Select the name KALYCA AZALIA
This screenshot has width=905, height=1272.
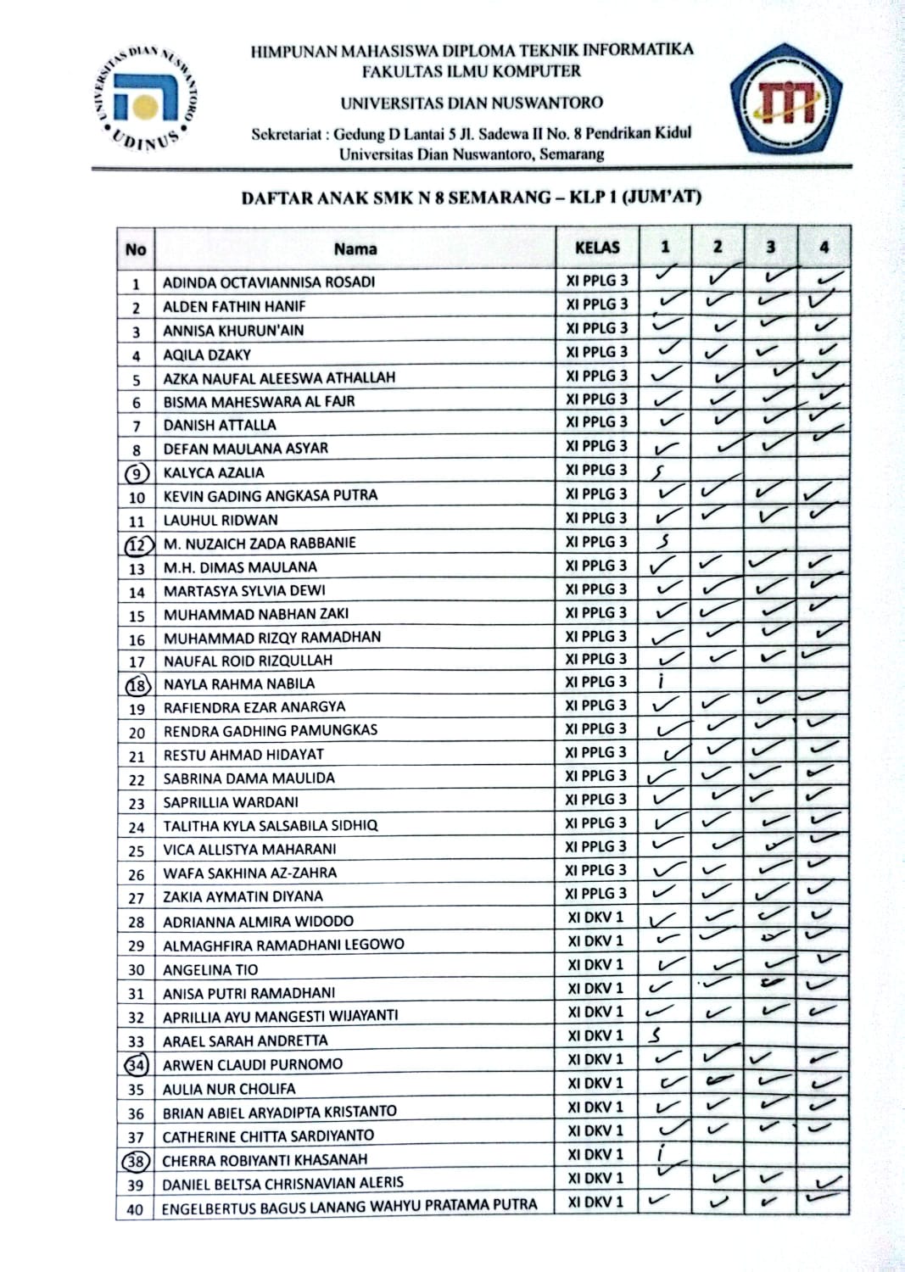pos(214,472)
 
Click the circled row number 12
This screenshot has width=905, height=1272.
pos(137,544)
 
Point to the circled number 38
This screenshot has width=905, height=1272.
pos(136,1161)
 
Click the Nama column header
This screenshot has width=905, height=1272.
pos(355,248)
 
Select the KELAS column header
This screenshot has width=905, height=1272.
pos(597,248)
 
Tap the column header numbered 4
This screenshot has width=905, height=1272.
pos(824,248)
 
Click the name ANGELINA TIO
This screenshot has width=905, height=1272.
pos(210,969)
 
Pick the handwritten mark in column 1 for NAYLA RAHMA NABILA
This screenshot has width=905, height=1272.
pos(661,681)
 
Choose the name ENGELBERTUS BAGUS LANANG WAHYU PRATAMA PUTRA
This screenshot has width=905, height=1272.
pos(349,1206)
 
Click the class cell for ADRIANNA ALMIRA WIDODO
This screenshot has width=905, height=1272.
pos(595,918)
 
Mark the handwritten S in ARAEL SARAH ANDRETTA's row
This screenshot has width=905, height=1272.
pos(655,1035)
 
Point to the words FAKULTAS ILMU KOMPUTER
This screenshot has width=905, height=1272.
pos(472,71)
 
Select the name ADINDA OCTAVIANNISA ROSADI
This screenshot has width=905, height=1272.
pos(269,282)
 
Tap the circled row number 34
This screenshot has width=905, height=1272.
pos(136,1064)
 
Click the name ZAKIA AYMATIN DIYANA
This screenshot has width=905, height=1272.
pos(243,896)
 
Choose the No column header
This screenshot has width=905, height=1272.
pos(136,249)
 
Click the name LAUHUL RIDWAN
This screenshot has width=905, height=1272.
pos(221,520)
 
